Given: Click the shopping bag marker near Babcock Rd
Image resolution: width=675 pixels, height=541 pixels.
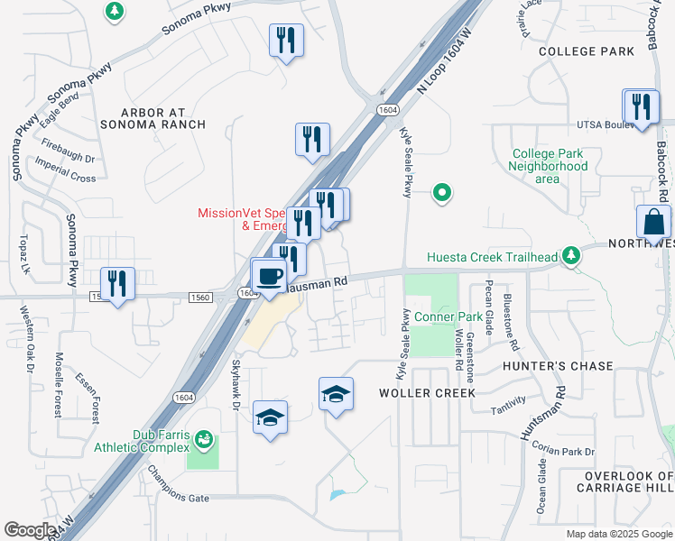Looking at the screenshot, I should [x=653, y=222].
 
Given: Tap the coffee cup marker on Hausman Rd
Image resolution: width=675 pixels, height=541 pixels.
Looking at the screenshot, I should [x=269, y=275].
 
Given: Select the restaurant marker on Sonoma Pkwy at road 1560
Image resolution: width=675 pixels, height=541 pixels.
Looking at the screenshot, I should [x=117, y=284].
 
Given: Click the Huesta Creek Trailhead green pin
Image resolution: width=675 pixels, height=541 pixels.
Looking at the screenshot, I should [x=570, y=257].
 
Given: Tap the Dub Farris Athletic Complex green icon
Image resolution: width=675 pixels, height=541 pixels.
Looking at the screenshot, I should [x=205, y=440].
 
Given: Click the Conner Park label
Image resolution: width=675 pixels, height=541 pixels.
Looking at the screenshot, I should [x=448, y=317].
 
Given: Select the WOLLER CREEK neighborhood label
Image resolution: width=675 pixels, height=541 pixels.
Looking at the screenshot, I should [x=421, y=393].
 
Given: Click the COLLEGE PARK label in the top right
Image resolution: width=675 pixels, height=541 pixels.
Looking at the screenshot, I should [x=587, y=52].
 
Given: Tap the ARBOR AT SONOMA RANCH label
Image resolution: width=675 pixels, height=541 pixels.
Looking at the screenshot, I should [x=164, y=119].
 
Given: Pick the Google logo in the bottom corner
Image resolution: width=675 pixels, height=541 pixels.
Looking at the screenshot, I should [x=30, y=530].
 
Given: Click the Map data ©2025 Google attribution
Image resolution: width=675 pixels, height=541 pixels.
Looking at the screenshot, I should [x=619, y=534].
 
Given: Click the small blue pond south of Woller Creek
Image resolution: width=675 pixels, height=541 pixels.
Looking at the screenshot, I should [x=337, y=494].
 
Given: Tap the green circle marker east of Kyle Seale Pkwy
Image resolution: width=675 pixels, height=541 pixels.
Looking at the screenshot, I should [x=442, y=192].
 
